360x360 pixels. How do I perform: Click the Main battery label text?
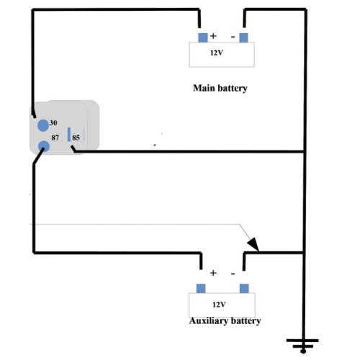coord(220,89)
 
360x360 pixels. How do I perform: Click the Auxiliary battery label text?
coord(224,320)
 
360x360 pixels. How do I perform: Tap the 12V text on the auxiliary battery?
coord(220,305)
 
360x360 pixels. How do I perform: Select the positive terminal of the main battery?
coord(202,37)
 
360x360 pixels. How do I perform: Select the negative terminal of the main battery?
coord(244,37)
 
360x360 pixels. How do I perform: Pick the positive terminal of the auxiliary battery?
coord(201,288)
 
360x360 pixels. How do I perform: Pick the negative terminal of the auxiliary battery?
coord(244,288)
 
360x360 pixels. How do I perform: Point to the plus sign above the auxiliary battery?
coord(213,273)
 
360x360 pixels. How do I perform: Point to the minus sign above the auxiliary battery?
coord(233,273)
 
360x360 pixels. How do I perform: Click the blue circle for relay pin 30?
coord(43,124)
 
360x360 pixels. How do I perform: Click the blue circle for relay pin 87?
coord(43,146)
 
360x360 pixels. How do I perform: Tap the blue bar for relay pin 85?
coord(68,135)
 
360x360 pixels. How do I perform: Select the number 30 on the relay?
coord(53,122)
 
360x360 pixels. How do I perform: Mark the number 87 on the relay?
coord(55,135)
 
